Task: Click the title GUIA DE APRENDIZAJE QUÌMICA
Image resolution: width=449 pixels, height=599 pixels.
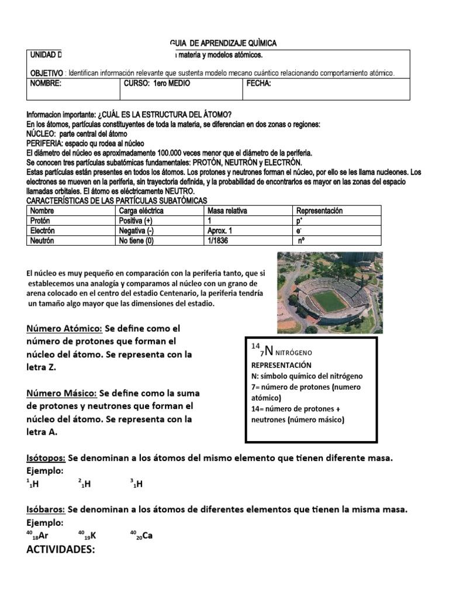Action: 223,43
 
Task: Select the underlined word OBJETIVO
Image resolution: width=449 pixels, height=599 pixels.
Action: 46,73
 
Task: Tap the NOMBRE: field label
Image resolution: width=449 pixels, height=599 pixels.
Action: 45,84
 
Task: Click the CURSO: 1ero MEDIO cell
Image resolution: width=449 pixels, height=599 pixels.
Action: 157,84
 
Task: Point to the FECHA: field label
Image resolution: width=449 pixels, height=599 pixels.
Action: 259,84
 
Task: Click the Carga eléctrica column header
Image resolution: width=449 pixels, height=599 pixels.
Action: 141,211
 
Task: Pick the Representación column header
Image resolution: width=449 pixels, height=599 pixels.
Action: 319,211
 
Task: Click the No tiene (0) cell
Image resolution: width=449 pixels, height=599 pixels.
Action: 138,240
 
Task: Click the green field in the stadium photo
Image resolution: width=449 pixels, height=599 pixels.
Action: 329,301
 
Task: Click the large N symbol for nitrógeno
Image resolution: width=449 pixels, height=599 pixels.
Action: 268,351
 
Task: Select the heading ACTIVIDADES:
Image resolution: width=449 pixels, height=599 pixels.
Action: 61,550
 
